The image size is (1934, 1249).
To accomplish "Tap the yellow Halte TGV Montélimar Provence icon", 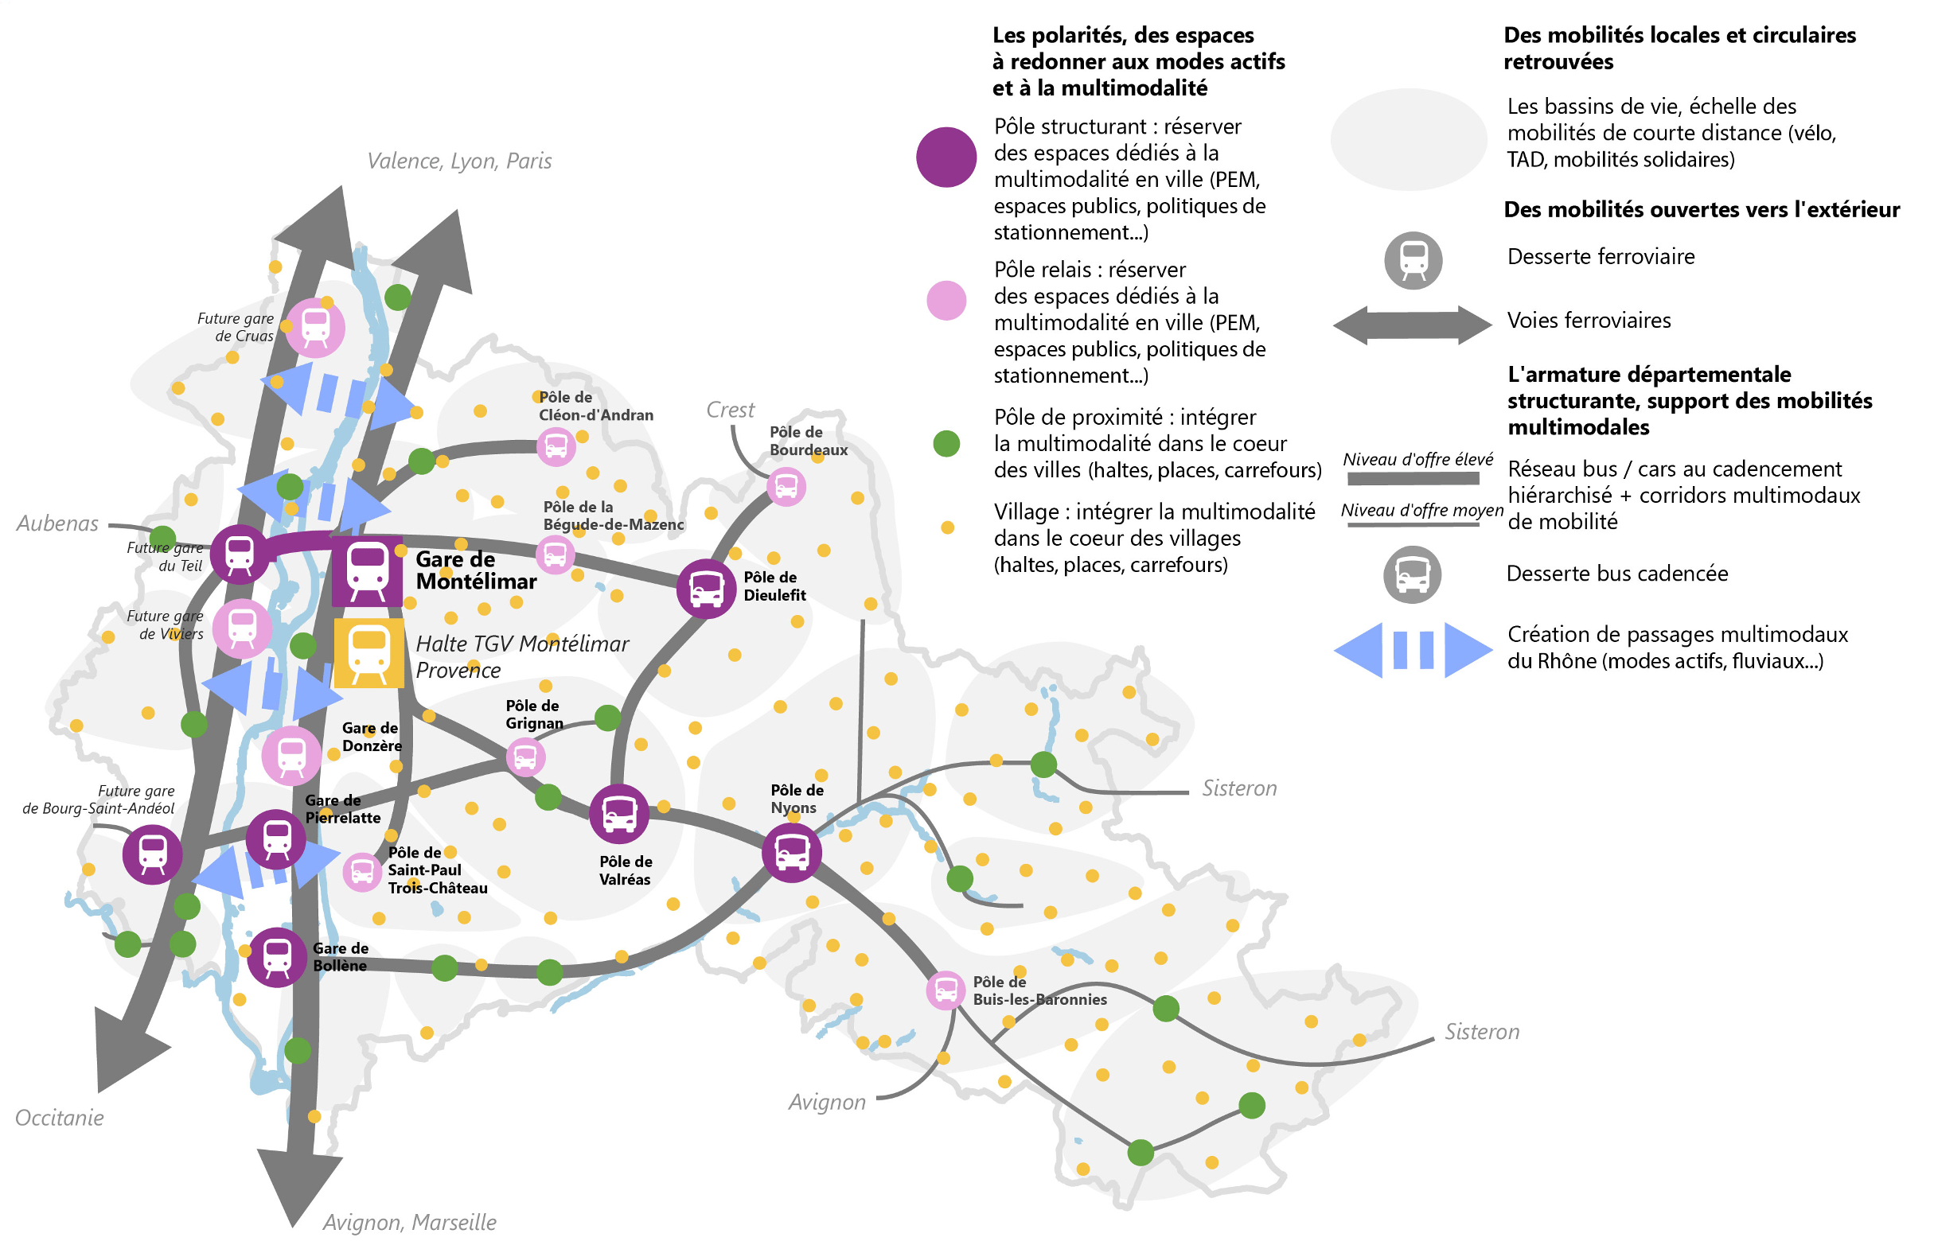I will tap(369, 653).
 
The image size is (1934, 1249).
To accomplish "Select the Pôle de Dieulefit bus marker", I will tap(706, 588).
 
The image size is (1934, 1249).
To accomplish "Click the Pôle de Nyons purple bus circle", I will tap(792, 852).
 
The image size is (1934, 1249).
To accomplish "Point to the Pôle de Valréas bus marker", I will tap(619, 814).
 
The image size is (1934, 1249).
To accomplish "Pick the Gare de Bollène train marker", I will tap(277, 957).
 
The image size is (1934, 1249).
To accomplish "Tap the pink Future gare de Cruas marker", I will tap(316, 328).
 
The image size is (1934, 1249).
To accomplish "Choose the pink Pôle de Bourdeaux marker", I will tap(786, 487).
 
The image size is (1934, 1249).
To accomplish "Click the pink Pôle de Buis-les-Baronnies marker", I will tap(946, 990).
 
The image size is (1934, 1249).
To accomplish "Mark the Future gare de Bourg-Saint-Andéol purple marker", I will tap(153, 854).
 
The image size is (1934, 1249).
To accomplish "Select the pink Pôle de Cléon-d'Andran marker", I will tap(556, 447).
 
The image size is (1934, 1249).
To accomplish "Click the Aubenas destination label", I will tap(57, 524).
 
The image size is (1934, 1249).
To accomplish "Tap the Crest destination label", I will tap(730, 410).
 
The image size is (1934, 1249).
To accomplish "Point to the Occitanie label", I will tap(59, 1118).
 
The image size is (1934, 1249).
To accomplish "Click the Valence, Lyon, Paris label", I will tap(459, 161).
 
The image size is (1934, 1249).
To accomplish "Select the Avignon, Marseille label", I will tap(410, 1222).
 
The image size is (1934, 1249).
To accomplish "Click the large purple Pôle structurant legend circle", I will tap(946, 158).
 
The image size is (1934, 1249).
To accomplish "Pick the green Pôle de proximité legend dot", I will tap(946, 444).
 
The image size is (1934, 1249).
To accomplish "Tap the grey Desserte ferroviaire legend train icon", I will tap(1413, 260).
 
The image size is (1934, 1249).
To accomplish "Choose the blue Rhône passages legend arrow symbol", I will tap(1413, 650).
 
